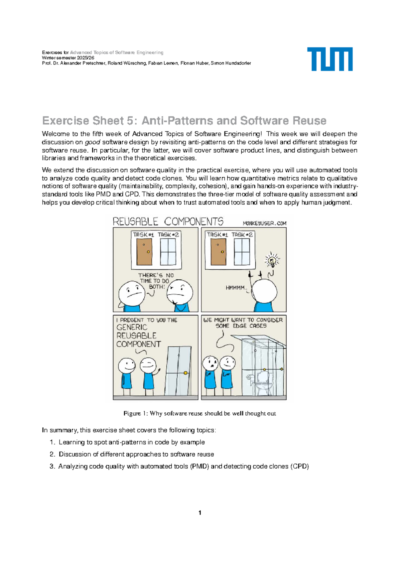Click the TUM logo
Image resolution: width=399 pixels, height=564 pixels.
click(330, 59)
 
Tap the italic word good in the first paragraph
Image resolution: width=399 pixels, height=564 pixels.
click(92, 142)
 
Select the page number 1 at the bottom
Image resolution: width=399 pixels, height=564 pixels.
click(199, 512)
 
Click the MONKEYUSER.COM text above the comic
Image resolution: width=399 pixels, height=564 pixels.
click(264, 223)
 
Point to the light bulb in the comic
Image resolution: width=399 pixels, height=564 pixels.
click(272, 260)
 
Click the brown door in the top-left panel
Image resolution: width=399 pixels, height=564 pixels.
click(144, 251)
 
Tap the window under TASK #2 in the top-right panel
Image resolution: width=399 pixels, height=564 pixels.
click(242, 251)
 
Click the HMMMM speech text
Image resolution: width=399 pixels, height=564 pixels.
click(235, 288)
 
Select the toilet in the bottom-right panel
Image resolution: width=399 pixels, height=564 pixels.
click(263, 382)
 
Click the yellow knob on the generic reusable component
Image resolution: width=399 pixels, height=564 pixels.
click(186, 373)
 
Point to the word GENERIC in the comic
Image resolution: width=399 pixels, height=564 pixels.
click(132, 327)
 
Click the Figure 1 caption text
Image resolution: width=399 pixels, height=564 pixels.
click(199, 413)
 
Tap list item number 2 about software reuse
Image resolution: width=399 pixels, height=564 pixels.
click(136, 454)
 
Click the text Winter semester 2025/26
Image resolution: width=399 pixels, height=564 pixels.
click(68, 58)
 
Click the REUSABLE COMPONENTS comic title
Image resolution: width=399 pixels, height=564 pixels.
click(168, 221)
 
